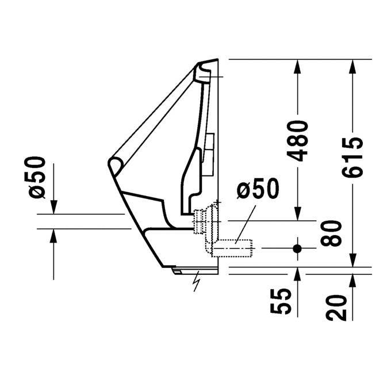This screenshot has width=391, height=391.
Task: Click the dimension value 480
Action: pyautogui.click(x=298, y=141)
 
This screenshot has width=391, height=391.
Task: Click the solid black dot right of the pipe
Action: pyautogui.click(x=297, y=249)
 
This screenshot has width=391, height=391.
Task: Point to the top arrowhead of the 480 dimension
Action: pyautogui.click(x=297, y=66)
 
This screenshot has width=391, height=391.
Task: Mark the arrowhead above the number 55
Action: pyautogui.click(x=297, y=275)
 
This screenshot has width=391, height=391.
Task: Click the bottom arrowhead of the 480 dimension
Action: pyautogui.click(x=297, y=213)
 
